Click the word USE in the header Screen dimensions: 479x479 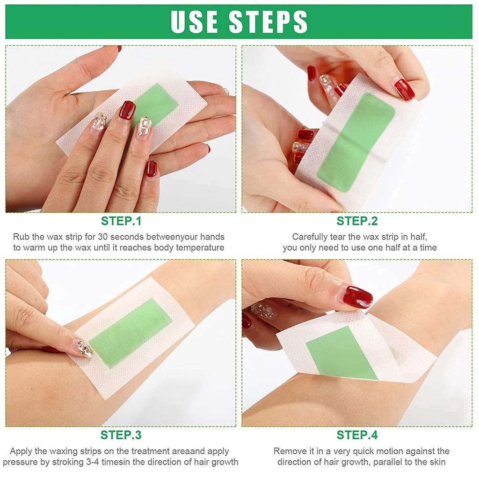coord(194,22)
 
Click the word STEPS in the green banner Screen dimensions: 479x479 coord(268,22)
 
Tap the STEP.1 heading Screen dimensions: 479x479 coord(121,221)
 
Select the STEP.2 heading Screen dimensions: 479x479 coord(357,221)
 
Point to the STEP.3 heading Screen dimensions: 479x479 coord(121,435)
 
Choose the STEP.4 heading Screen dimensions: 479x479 coord(357,435)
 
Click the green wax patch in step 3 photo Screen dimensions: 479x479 coord(131,333)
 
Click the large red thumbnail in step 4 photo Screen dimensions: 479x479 coord(357,297)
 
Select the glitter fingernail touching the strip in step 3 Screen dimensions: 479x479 coord(85,348)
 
